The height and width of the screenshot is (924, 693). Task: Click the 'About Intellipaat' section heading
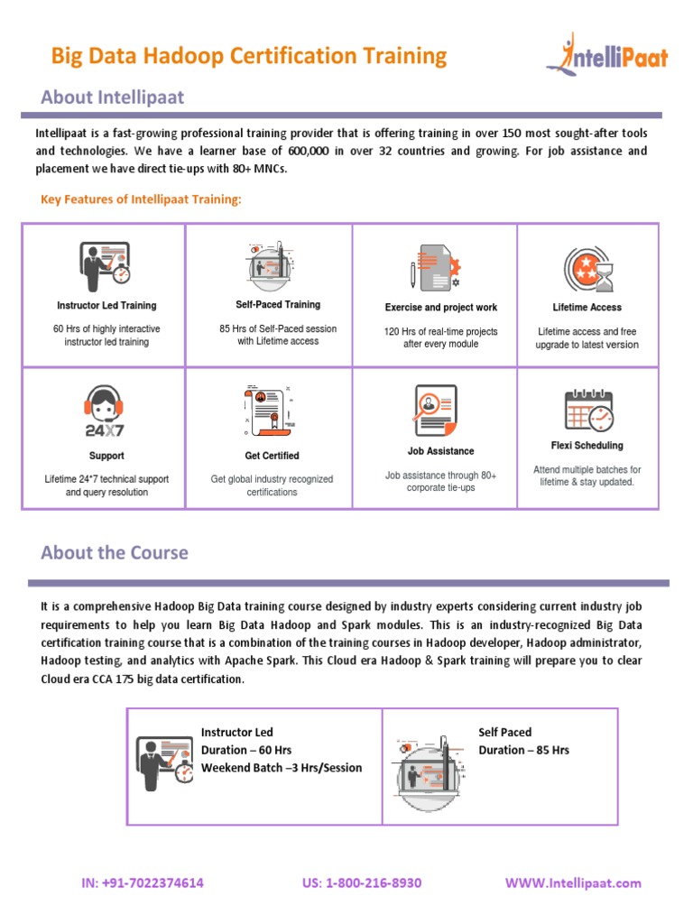coord(112,97)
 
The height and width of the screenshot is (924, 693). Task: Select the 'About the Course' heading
coord(115,552)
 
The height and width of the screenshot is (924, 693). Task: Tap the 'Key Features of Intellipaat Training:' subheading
coord(142,199)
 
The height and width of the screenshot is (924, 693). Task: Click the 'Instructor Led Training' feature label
coord(106,306)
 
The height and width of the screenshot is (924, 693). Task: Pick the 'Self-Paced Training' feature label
coord(278,305)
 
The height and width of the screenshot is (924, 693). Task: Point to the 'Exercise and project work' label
coord(440,308)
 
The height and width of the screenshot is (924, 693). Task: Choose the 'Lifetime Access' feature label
coord(587,308)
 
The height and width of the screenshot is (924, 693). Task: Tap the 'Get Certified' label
coord(272,456)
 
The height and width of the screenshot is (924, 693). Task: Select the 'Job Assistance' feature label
coord(440,451)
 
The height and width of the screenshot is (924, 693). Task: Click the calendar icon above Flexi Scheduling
coord(588,410)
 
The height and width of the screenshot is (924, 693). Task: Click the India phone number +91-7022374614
coord(143,882)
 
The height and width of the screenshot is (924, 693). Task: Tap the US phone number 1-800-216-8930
coord(362,882)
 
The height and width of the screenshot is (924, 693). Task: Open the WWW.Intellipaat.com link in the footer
coord(573,882)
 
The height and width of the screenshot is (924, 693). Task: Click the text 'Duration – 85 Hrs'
coord(523,750)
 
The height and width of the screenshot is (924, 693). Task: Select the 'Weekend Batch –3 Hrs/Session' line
coord(282,768)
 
